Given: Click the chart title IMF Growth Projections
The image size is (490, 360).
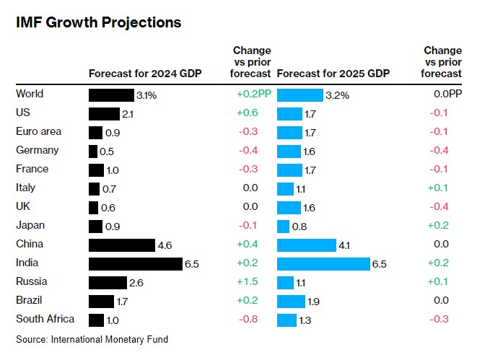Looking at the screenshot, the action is tap(98, 23).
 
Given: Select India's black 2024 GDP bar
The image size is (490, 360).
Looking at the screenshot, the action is tap(136, 264).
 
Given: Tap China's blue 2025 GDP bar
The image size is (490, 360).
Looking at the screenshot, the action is tap(307, 245).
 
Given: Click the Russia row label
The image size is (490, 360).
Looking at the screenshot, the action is tap(32, 281).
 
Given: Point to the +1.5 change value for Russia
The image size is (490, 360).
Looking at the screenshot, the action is tap(248, 281).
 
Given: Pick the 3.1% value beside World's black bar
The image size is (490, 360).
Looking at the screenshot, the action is tap(146, 95).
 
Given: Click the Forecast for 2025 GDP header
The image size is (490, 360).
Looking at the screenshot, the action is tap(333, 74).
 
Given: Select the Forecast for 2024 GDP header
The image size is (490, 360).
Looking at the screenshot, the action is tap(145, 74).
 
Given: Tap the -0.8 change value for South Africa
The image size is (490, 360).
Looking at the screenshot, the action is tap(248, 319).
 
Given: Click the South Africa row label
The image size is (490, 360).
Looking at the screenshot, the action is tap(45, 319).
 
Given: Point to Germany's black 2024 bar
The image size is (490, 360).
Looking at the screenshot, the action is tap(93, 152).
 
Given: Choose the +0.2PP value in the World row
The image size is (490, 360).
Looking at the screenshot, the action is tap(254, 94).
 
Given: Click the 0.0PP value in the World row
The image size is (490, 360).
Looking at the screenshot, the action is tap(447, 94).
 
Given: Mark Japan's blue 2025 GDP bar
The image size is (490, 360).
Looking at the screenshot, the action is tap(283, 227).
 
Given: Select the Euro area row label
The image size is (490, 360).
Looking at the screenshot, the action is tap(38, 131).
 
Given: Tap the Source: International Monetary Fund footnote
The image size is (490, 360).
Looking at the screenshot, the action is tap(92, 339).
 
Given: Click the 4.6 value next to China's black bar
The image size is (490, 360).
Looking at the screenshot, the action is tap(165, 245).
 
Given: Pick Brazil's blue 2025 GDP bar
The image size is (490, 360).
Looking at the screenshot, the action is tap(292, 302).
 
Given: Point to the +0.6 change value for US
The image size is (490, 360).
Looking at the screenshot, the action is tap(248, 113).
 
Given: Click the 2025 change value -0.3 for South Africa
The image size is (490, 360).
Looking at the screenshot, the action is tap(439, 319).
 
